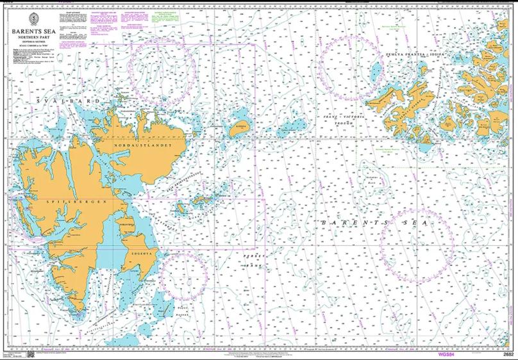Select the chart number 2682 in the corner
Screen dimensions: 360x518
pyautogui.click(x=508, y=354)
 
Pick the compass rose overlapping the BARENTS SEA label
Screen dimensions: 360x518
pyautogui.click(x=417, y=246)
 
